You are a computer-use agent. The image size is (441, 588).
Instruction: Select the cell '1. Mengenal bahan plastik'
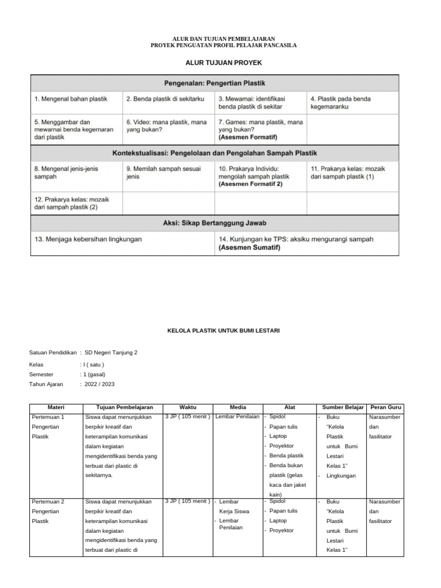click(71, 99)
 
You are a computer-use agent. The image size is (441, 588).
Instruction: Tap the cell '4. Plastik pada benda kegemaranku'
click(341, 102)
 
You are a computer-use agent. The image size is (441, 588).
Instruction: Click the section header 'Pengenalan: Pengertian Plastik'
click(214, 83)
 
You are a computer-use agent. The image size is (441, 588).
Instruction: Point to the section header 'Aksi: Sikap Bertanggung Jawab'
click(214, 223)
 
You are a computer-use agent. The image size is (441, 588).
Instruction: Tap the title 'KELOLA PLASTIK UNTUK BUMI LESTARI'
click(219, 331)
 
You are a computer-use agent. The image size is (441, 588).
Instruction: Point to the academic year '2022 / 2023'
click(99, 384)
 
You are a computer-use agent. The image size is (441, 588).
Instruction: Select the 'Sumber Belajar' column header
click(343, 407)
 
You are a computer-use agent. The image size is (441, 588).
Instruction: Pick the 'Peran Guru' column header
click(386, 407)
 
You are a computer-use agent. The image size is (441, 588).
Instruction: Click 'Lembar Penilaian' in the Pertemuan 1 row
click(237, 416)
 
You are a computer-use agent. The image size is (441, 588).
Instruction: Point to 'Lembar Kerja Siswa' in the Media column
click(234, 506)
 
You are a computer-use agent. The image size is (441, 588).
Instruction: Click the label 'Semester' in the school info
click(42, 374)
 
